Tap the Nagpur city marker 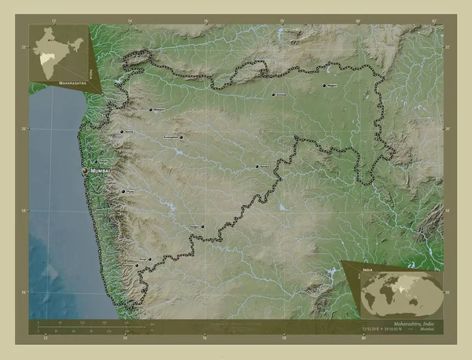(x=324, y=86)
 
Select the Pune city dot (x=122, y=191)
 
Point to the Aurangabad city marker (x=181, y=138)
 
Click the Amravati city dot (x=274, y=94)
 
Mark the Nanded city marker (x=258, y=167)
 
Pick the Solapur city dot (x=202, y=227)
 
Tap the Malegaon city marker (x=150, y=109)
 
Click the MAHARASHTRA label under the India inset (x=57, y=81)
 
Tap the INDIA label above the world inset (x=367, y=269)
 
